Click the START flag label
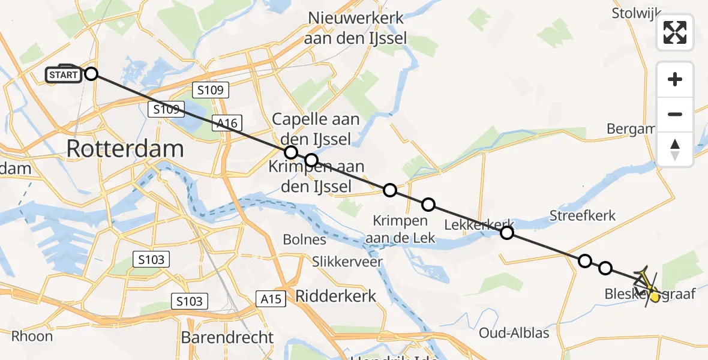pos(63,74)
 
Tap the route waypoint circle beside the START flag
pos(91,74)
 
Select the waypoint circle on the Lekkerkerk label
pos(507,233)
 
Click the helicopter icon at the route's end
pos(646,282)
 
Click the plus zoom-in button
pos(675,80)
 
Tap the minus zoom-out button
pos(675,114)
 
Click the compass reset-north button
pos(675,149)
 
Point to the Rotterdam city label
pos(125,148)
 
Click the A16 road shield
pos(227,124)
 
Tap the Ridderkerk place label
pos(335,296)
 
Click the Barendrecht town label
pos(227,337)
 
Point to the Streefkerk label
pos(583,215)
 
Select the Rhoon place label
pos(32,336)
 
